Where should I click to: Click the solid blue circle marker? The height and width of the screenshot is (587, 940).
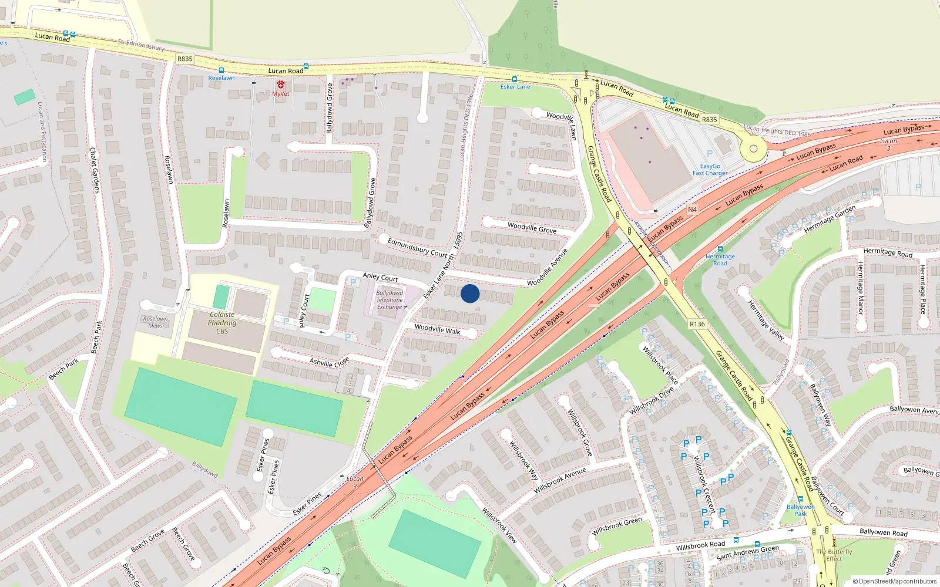(470, 293)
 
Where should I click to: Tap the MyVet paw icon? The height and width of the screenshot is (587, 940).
(281, 85)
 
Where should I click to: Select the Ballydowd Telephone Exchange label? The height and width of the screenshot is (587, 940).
(390, 300)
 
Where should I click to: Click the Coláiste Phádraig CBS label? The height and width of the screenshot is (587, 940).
(222, 323)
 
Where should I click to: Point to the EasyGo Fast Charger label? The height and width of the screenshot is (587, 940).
(710, 170)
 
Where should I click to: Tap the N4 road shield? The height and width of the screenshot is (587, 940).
(692, 210)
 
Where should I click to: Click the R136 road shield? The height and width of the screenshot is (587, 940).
(697, 324)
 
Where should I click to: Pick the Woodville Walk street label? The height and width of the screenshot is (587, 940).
(438, 329)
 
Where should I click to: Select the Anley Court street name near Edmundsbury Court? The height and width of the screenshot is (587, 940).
(380, 277)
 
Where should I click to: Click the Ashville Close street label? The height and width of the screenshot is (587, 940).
(329, 362)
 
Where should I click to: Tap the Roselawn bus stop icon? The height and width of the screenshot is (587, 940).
(221, 70)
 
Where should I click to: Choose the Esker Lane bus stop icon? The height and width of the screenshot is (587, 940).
(515, 79)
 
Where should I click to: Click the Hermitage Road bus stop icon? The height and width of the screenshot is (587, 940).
(720, 249)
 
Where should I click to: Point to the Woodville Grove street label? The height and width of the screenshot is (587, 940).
(532, 228)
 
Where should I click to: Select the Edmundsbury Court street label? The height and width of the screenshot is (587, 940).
(418, 248)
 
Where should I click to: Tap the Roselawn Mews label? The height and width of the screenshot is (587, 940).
(156, 322)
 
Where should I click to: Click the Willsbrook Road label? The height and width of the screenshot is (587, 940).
(700, 545)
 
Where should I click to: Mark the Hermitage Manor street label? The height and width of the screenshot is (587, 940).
(860, 288)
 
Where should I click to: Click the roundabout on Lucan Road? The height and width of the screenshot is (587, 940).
(753, 149)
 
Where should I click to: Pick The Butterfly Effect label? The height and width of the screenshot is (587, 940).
(834, 555)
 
